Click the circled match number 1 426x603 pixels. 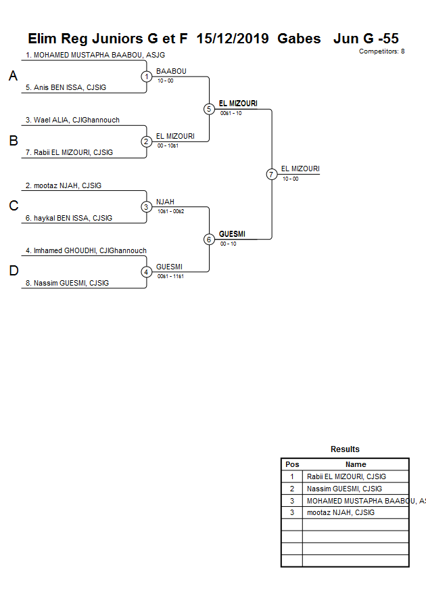click(147, 76)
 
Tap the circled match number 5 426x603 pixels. click(209, 109)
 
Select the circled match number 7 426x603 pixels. click(272, 174)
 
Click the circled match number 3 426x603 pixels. click(147, 207)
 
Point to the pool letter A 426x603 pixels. click(13, 76)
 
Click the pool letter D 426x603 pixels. click(13, 271)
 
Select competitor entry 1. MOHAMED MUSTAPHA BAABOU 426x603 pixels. click(95, 55)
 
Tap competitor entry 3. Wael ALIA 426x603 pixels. click(72, 120)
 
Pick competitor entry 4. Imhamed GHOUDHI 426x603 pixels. click(86, 250)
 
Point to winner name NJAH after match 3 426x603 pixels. click(165, 202)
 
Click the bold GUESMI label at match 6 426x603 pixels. click(232, 234)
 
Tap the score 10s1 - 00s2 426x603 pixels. click(170, 211)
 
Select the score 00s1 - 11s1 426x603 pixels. click(170, 276)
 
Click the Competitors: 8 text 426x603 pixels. click(382, 51)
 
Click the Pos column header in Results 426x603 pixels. click(292, 464)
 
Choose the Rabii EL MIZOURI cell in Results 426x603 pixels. click(346, 476)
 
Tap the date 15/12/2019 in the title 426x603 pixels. click(233, 39)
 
